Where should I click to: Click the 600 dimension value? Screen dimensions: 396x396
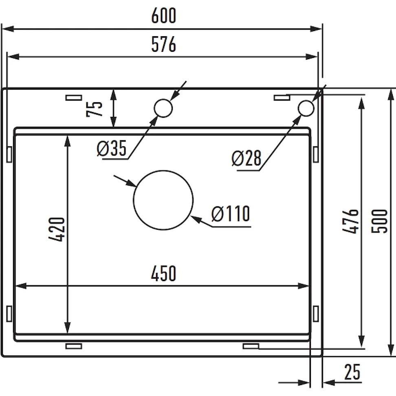click(163, 15)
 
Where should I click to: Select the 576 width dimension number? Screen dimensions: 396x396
click(163, 44)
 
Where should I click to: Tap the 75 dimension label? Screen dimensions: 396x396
click(95, 109)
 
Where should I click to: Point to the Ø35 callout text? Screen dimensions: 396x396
click(111, 148)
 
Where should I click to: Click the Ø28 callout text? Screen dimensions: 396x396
click(246, 158)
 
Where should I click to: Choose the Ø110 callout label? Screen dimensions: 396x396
click(231, 213)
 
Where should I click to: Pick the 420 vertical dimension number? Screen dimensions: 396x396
click(57, 229)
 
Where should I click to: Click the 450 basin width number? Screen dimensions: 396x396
click(163, 273)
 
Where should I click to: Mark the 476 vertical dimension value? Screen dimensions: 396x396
click(350, 221)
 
